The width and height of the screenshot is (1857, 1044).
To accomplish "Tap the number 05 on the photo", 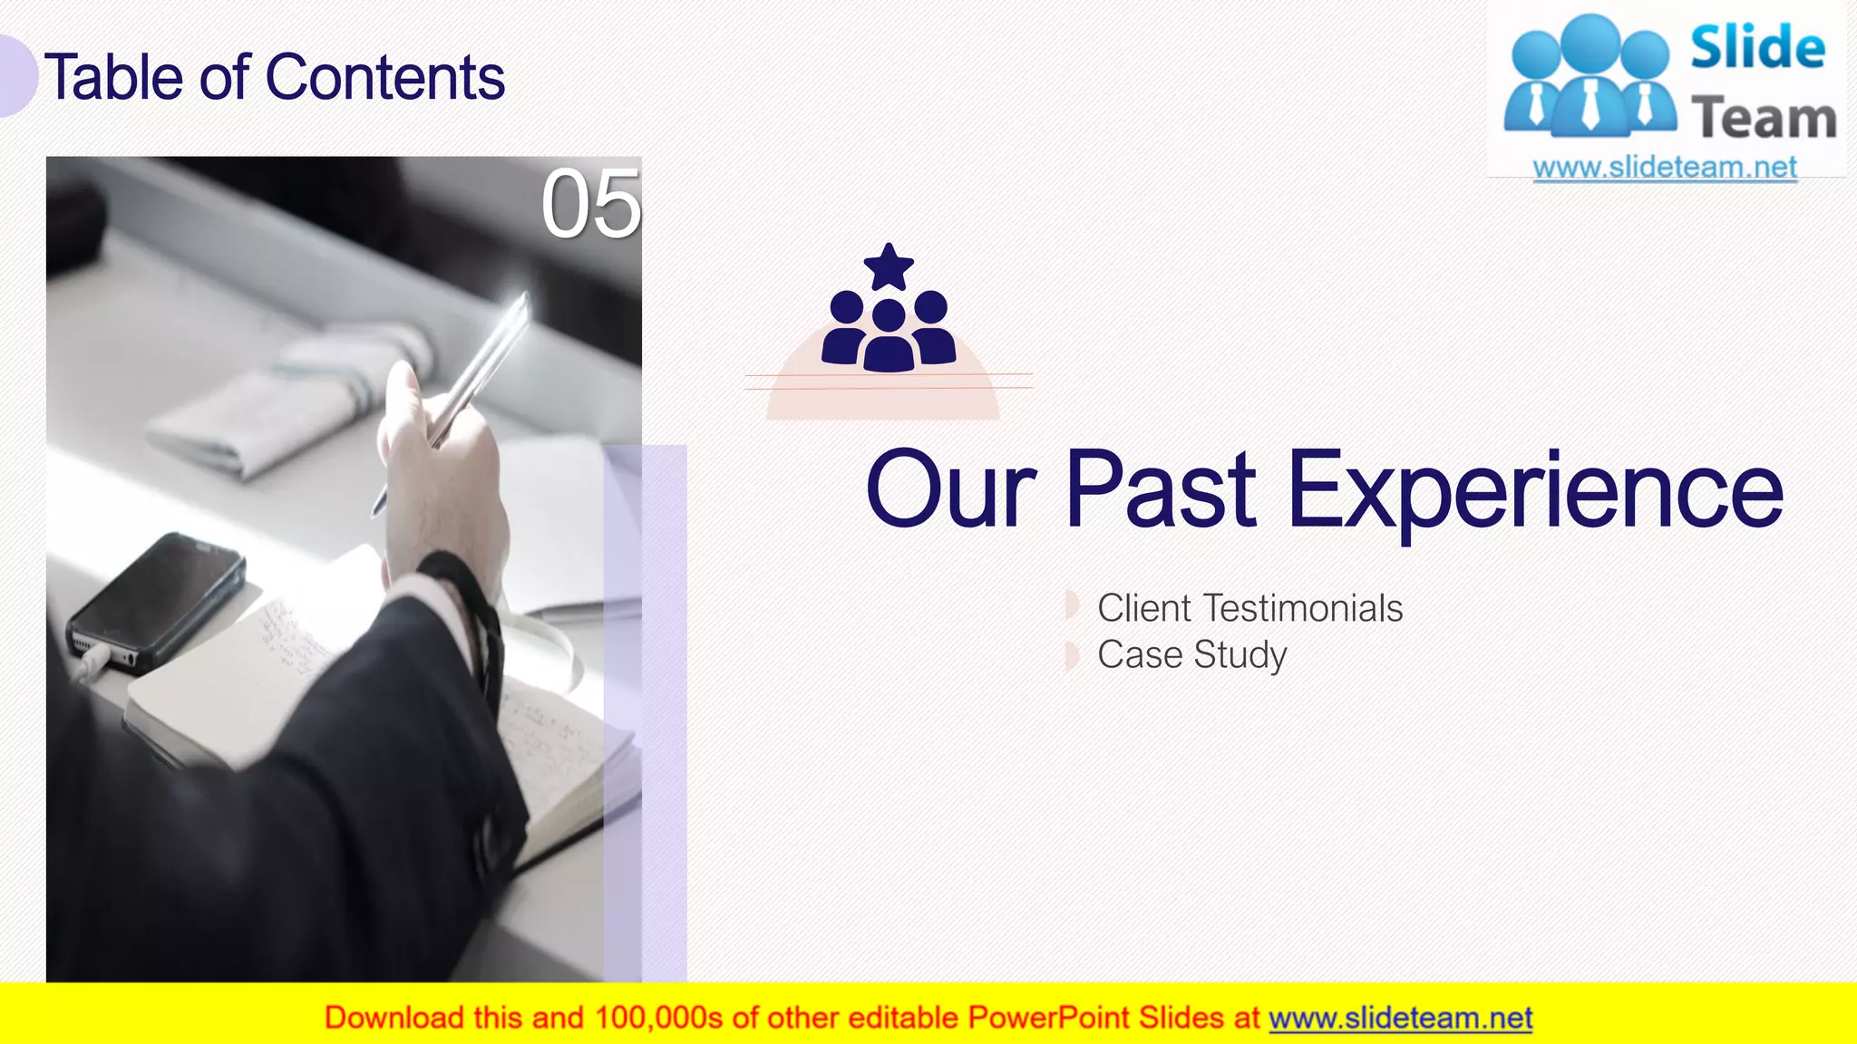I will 590,205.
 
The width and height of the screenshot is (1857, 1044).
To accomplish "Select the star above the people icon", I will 889,266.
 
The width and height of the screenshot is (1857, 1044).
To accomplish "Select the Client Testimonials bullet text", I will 1249,608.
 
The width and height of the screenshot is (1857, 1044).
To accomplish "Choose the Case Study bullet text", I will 1191,655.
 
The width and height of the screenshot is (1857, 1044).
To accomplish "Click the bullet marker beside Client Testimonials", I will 1072,604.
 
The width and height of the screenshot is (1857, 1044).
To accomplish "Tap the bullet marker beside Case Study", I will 1072,655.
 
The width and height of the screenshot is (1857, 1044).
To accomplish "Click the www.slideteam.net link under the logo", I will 1664,168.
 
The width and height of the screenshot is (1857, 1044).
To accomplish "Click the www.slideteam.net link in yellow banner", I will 1400,1019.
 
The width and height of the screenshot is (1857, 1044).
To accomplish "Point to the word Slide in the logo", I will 1757,48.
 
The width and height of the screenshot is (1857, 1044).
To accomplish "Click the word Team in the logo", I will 1763,119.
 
